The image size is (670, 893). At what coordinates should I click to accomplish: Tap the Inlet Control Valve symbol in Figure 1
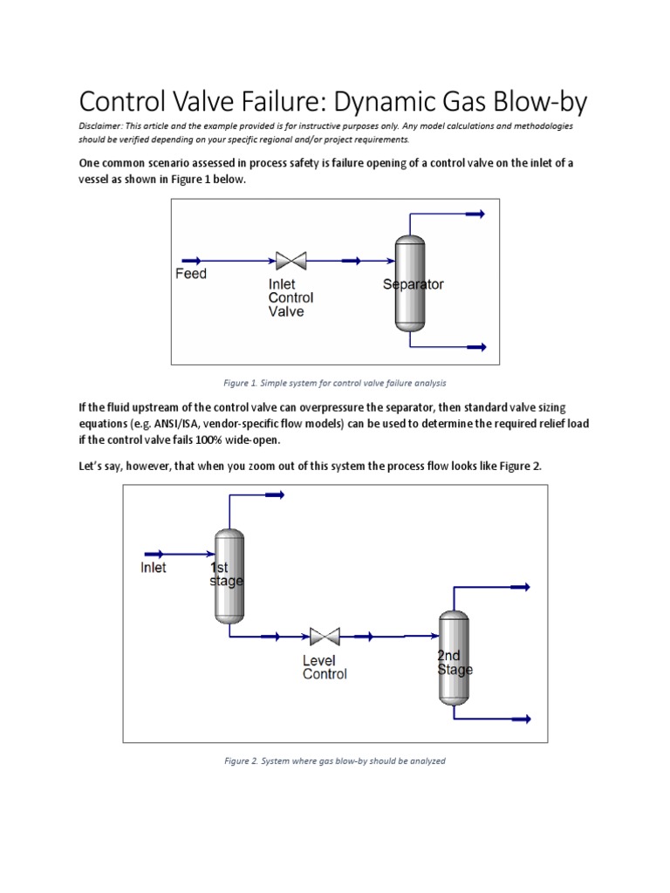[x=290, y=260]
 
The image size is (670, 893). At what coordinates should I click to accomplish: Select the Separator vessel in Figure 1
[x=409, y=283]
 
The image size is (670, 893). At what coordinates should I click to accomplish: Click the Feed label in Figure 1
[x=191, y=274]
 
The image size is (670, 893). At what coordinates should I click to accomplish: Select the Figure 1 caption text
[x=335, y=383]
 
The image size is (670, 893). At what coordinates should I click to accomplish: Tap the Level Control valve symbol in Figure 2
[x=324, y=637]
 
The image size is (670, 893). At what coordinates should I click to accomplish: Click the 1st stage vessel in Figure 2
[x=229, y=576]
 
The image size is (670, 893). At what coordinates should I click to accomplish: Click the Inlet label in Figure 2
[x=154, y=568]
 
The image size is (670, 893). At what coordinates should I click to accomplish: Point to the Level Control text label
[x=325, y=667]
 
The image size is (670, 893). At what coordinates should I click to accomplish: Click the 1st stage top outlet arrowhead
[x=275, y=494]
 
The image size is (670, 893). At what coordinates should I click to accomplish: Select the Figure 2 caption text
[x=335, y=760]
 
